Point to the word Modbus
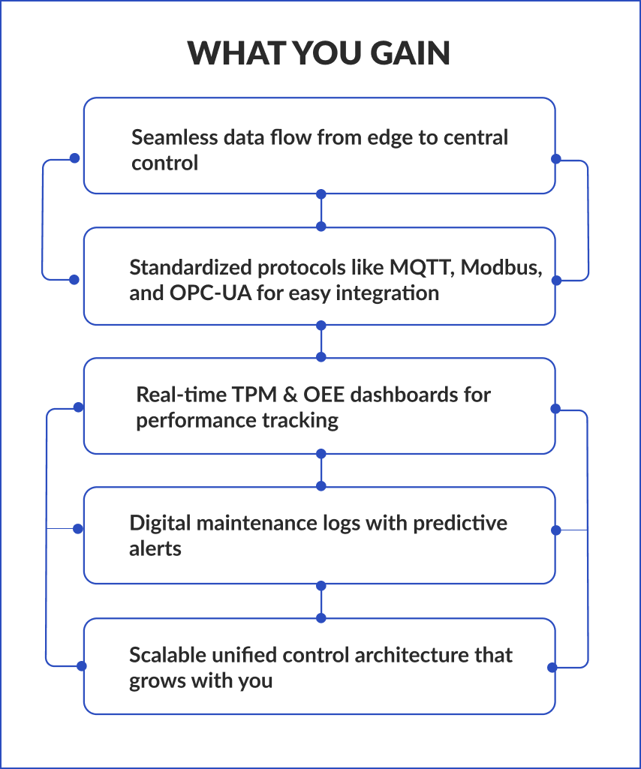pos(501,268)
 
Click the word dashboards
pos(401,395)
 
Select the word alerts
pos(155,548)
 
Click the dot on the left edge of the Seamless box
pos(74,158)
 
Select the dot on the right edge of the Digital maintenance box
pos(556,530)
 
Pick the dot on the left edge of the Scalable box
pos(81,665)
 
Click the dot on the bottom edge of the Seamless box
pos(321,194)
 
